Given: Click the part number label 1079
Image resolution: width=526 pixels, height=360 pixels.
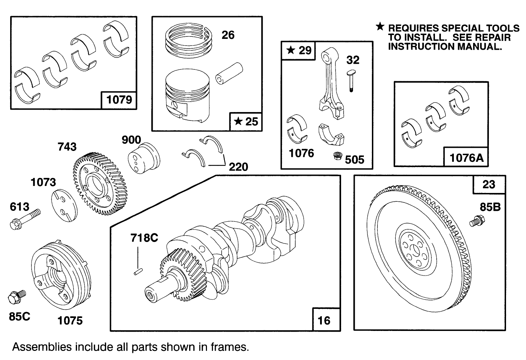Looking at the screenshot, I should tap(119, 100).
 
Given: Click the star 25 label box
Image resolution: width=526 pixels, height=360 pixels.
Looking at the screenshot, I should tap(246, 122).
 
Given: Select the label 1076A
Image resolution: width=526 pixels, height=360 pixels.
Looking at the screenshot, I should tap(466, 158).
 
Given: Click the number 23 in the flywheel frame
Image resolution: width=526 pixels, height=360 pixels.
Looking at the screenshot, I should tap(489, 184).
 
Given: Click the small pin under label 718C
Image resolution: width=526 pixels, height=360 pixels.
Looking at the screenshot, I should tap(138, 271).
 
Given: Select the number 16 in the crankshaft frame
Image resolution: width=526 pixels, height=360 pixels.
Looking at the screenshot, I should tap(324, 320).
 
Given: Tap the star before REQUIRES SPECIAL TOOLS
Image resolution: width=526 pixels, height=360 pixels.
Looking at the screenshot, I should tap(380, 27).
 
